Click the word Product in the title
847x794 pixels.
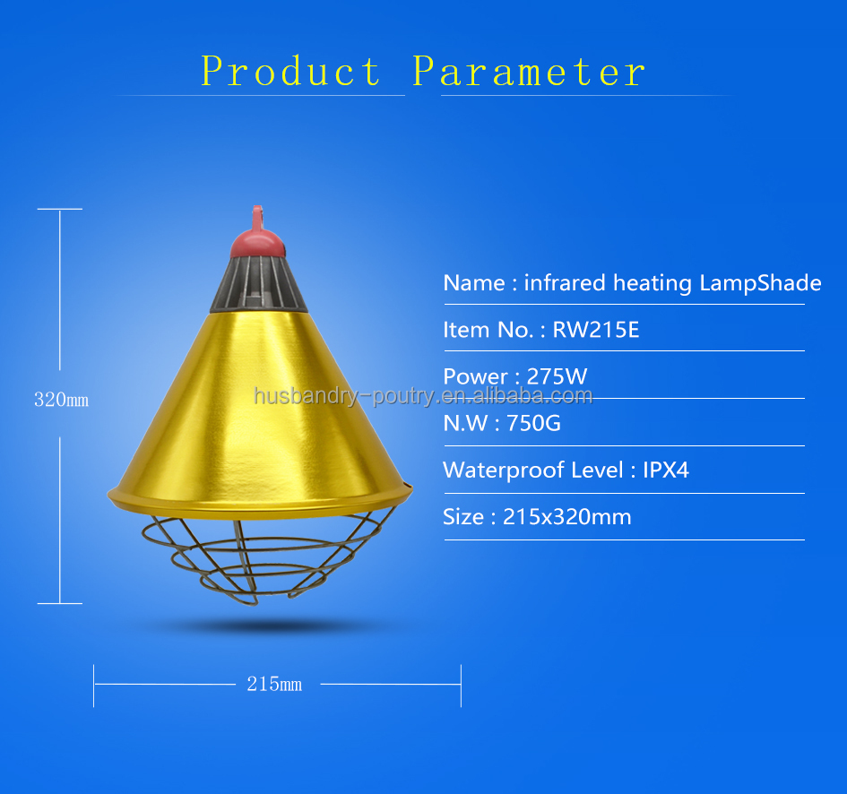click(x=291, y=72)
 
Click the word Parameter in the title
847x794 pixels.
click(x=529, y=72)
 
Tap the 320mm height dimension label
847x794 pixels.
click(x=61, y=401)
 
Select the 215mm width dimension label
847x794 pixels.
click(x=274, y=685)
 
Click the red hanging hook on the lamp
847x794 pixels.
click(x=257, y=218)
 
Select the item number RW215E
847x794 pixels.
click(x=596, y=330)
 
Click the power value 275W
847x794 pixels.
click(x=557, y=376)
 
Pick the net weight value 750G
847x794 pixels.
click(x=533, y=423)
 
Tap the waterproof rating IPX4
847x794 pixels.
click(x=666, y=470)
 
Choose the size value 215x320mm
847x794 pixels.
click(x=566, y=517)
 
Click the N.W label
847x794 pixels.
click(x=463, y=423)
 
